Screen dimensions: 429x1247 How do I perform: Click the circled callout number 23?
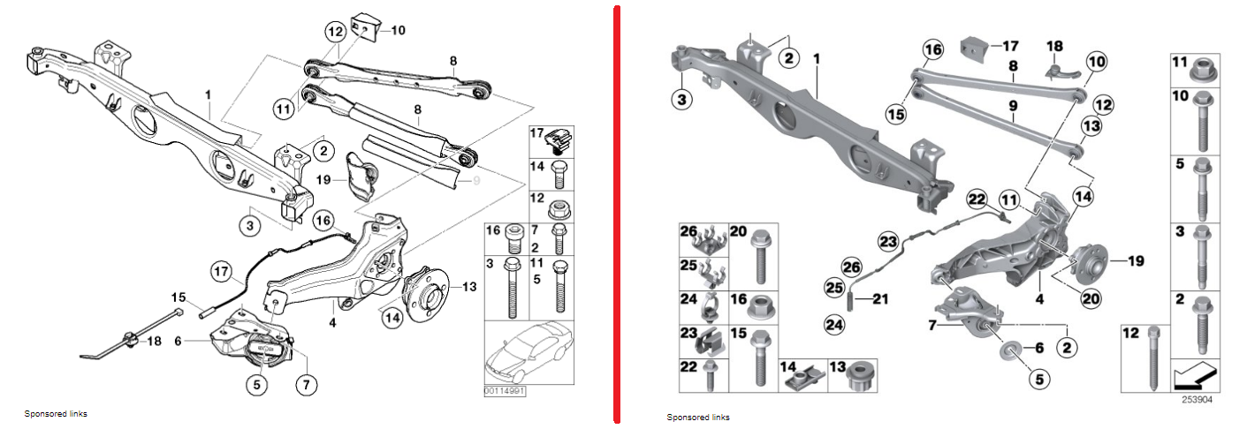click(887, 239)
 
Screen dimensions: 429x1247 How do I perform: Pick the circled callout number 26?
click(850, 265)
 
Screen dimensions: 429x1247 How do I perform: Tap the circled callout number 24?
click(829, 325)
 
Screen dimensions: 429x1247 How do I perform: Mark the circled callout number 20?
click(1091, 298)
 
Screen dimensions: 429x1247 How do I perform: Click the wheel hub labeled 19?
click(1084, 260)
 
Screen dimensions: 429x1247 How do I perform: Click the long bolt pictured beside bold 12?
click(1154, 357)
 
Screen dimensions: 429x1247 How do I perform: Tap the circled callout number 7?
click(308, 385)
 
